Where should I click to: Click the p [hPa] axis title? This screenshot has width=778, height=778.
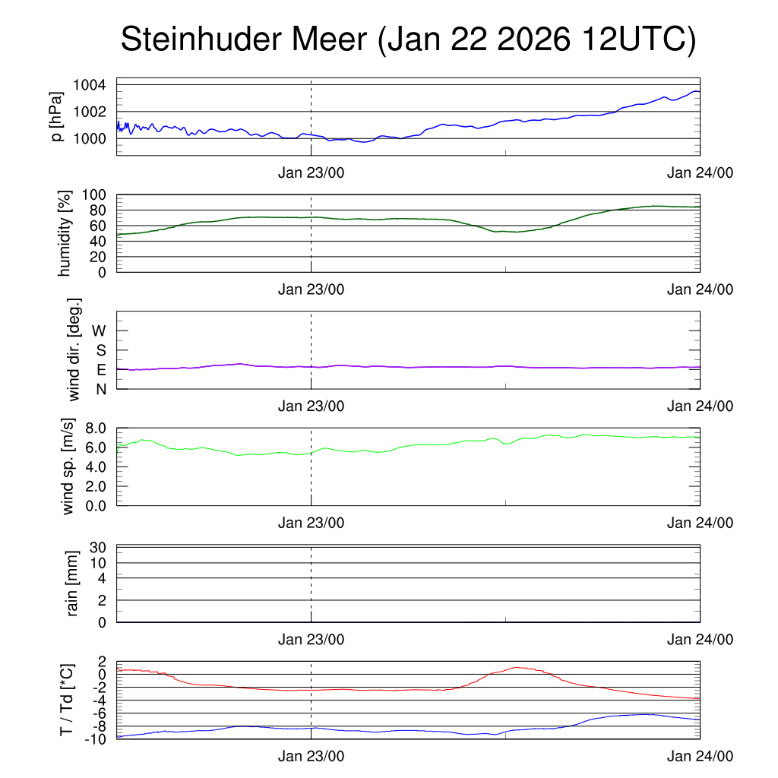[x=56, y=116]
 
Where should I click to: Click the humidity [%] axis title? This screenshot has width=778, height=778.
[x=65, y=233]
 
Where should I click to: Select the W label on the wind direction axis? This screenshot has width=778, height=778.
[x=100, y=330]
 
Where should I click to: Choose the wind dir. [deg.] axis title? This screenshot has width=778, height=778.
[x=74, y=349]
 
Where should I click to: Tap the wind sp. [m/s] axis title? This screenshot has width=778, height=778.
[x=70, y=466]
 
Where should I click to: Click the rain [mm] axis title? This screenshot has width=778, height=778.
[x=73, y=583]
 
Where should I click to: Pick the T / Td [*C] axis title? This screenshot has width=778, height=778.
[x=67, y=700]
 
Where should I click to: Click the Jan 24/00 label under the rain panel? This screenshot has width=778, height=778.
[x=700, y=640]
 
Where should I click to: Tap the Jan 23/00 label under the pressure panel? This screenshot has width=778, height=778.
[x=311, y=172]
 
